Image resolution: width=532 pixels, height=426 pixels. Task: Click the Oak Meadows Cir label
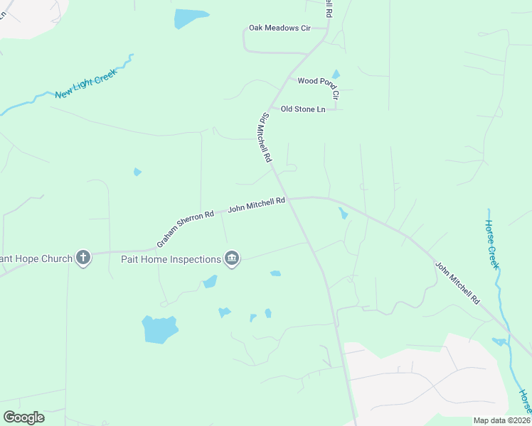click(280, 28)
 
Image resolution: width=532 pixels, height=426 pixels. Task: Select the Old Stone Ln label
click(302, 109)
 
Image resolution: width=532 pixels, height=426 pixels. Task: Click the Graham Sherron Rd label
click(186, 227)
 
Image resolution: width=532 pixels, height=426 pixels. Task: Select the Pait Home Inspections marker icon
click(231, 258)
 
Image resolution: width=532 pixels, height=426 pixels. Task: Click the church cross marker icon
click(83, 258)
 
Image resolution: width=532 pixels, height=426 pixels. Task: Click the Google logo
click(23, 417)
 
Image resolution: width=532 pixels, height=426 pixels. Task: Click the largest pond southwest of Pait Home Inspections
click(159, 329)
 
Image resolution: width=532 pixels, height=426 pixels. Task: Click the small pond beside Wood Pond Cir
click(336, 74)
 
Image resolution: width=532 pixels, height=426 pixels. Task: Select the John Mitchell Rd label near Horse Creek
click(457, 284)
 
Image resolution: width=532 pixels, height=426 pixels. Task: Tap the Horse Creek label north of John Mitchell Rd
click(492, 244)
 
